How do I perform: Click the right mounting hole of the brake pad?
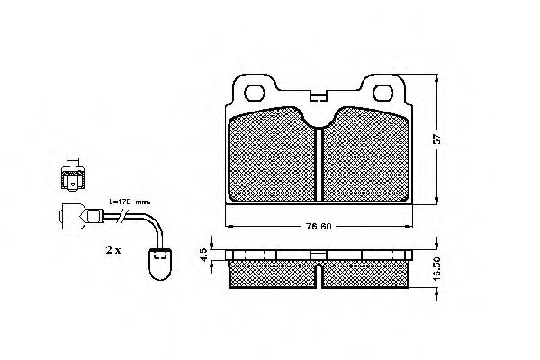[383, 91]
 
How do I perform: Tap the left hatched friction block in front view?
[274, 157]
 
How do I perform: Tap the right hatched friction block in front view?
[365, 157]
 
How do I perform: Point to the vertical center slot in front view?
[319, 162]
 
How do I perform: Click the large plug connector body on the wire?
[69, 217]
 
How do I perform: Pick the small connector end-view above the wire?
[70, 175]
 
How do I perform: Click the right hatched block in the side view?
[366, 274]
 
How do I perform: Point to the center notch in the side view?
[319, 267]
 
